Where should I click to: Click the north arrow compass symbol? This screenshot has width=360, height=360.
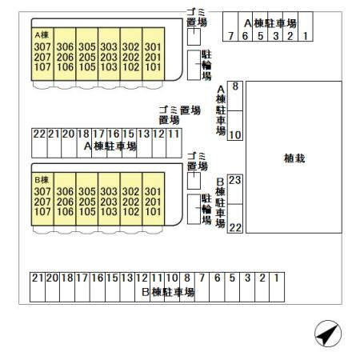point(328,334)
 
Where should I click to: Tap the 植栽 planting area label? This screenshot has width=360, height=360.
point(294,158)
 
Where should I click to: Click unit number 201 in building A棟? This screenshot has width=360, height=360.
point(153,57)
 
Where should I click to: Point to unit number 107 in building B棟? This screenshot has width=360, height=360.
point(42,212)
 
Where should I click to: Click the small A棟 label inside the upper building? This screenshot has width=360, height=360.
point(42,35)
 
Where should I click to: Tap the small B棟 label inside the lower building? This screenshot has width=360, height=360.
point(42,180)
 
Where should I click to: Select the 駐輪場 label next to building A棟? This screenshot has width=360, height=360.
point(206,66)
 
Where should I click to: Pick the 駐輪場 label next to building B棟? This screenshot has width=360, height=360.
point(206,210)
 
